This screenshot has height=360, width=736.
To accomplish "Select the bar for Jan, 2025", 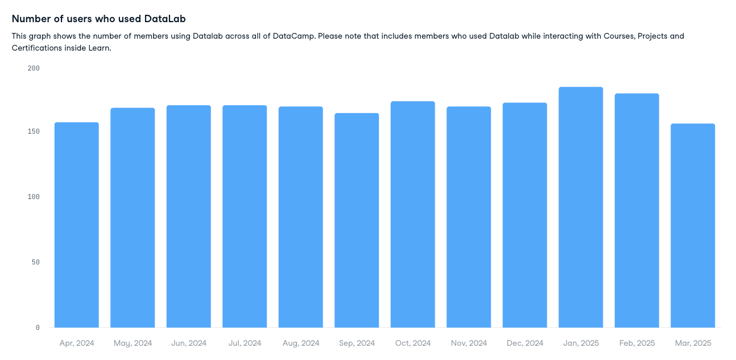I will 581,208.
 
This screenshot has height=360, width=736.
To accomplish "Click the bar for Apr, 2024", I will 77,225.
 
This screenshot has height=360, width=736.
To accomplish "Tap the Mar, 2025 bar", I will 693,226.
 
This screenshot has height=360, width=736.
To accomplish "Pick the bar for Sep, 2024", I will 357,221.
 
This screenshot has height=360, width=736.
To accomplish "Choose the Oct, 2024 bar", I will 413,214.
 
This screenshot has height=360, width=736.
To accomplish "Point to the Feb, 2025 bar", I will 636,210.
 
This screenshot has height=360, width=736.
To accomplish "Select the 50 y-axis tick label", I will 35,262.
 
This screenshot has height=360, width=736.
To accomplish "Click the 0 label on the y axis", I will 38,328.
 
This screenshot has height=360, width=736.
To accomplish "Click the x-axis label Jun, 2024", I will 189,344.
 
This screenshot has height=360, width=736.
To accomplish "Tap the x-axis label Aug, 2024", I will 301,344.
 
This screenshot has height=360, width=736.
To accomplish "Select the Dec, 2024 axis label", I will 525,344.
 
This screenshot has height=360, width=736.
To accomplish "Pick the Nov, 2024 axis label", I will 469,344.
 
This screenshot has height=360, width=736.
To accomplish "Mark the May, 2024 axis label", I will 133,344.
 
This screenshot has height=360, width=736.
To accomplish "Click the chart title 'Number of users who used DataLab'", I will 99,19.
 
